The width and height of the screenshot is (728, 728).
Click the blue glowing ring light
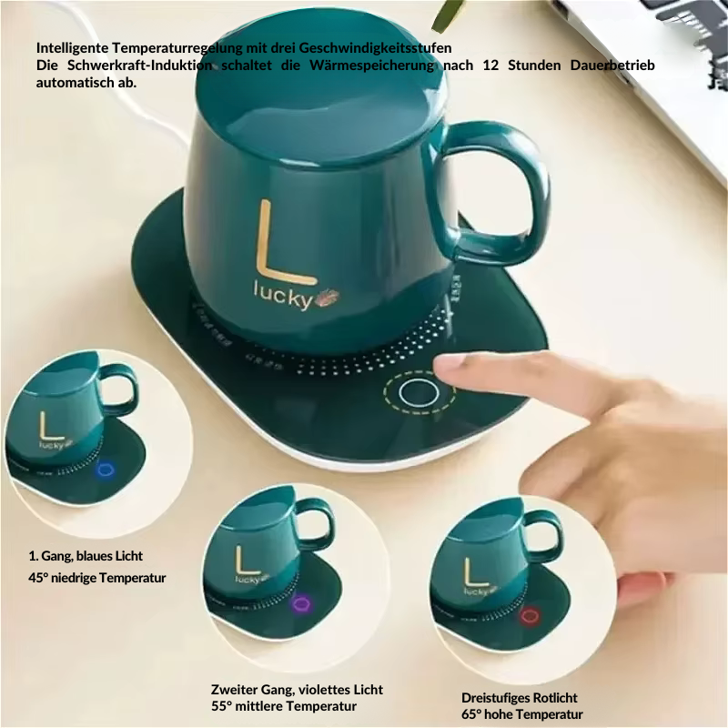[x=106, y=470]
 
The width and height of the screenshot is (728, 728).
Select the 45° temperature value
[x=37, y=578]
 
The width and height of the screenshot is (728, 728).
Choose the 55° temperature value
[x=220, y=706]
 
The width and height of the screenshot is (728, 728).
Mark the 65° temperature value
[x=470, y=714]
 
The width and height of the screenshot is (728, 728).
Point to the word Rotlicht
[x=551, y=698]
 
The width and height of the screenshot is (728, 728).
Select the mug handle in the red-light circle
[x=543, y=536]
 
